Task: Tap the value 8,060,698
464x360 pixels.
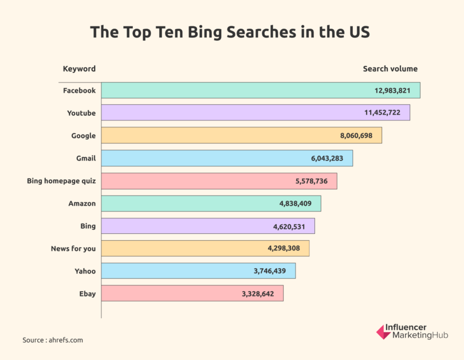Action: [x=356, y=136]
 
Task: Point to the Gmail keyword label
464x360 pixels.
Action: [x=86, y=158]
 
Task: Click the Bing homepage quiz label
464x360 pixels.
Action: [x=61, y=181]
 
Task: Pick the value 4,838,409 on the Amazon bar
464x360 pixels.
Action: [x=296, y=204]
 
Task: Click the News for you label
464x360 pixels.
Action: [x=73, y=249]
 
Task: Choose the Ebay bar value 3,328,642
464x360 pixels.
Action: [x=258, y=294]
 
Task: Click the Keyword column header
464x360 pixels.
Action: [x=79, y=69]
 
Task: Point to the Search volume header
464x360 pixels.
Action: [x=390, y=69]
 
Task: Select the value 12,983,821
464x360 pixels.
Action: [x=395, y=91]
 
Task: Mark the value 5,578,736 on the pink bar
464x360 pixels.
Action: [x=312, y=181]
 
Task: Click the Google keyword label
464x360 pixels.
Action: [x=83, y=136]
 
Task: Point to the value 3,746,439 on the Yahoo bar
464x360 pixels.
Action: [x=270, y=271]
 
